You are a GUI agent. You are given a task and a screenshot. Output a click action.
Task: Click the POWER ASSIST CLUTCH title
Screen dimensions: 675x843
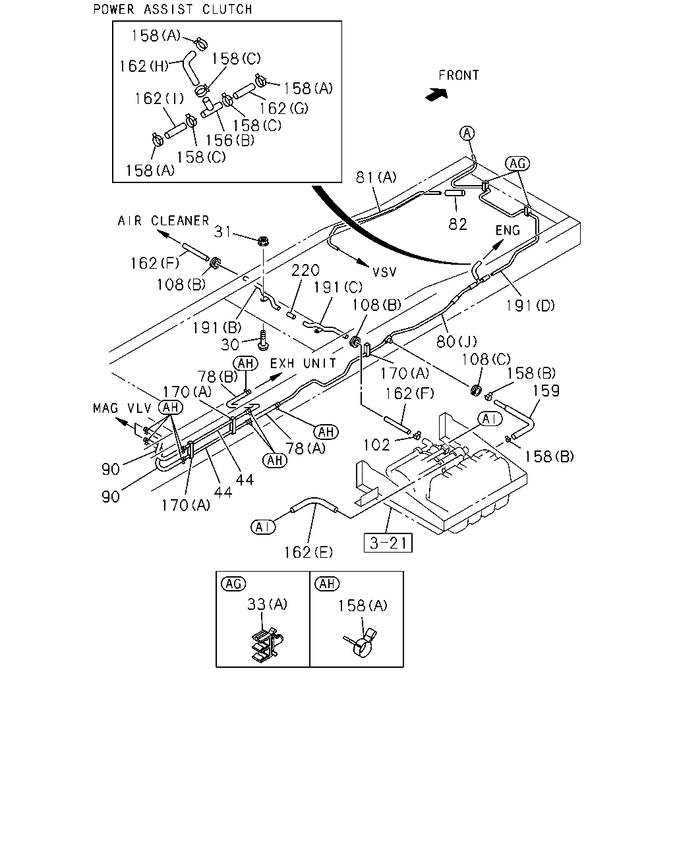coord(173,9)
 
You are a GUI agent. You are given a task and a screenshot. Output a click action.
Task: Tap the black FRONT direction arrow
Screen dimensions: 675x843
coord(437,94)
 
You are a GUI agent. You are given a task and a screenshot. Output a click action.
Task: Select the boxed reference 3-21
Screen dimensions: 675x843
coord(388,543)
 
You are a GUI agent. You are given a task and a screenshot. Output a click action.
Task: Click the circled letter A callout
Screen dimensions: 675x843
coord(467,133)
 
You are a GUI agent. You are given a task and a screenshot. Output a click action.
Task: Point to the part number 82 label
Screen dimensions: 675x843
coord(457,224)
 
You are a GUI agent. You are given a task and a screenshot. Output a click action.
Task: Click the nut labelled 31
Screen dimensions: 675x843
coord(262,240)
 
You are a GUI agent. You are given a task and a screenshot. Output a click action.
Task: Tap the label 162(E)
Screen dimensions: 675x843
coord(308,553)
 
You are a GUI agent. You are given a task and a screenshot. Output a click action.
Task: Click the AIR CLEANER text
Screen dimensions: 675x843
coord(163,221)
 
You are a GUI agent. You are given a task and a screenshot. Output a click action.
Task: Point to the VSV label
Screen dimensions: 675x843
coord(384,272)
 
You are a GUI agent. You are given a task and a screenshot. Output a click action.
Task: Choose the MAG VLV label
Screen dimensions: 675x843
coord(122,408)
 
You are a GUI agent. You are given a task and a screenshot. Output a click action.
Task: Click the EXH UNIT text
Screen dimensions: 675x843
coord(303,363)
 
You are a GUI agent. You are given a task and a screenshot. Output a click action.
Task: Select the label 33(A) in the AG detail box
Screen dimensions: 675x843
coord(267,604)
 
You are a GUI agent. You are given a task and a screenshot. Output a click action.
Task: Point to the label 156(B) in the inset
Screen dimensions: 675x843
coord(230,140)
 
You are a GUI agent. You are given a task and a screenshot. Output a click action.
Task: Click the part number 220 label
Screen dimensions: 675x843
coord(306,270)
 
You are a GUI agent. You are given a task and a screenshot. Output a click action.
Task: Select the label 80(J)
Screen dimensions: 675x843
coord(457,342)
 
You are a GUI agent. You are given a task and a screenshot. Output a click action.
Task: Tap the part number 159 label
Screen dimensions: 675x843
coord(546,391)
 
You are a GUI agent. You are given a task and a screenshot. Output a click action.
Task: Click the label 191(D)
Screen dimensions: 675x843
coord(530,305)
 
